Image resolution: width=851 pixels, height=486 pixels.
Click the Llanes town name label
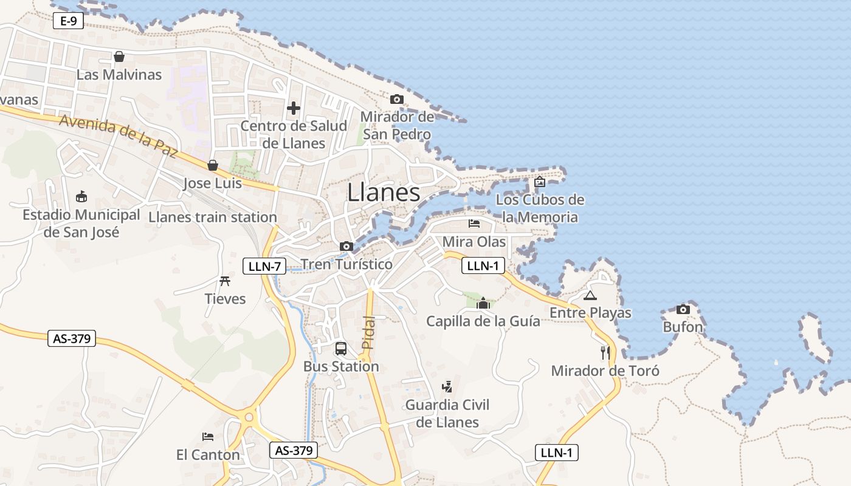coord(384,193)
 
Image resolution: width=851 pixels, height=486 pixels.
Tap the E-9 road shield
coord(68,21)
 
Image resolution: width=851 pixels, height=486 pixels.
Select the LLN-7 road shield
coord(264,265)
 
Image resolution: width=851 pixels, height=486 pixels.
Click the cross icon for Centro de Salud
coord(294,108)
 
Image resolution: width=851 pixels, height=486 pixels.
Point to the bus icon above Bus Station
coord(341,349)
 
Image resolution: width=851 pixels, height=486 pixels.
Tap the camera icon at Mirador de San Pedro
coord(397,99)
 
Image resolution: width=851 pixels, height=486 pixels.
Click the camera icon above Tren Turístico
coord(346,246)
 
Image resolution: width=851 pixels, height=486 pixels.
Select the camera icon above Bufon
coord(683,309)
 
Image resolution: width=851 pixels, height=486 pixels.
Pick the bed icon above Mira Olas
coord(474,224)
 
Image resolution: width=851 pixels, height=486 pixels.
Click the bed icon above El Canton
coord(208,436)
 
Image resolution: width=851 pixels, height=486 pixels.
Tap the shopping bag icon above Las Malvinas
coord(119,56)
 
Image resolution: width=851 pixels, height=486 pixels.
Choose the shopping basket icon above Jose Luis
coord(213,165)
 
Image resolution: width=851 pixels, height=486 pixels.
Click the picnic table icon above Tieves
coord(225,281)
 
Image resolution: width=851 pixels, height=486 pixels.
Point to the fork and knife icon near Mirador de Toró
coord(605,352)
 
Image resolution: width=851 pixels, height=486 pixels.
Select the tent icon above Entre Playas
coord(590,296)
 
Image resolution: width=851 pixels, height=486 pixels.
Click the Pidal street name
coord(368,332)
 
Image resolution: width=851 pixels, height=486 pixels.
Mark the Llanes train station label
coord(213,217)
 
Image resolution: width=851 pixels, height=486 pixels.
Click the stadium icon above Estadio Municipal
coord(81,197)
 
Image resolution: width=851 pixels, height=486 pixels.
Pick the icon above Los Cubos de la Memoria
coord(540,181)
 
